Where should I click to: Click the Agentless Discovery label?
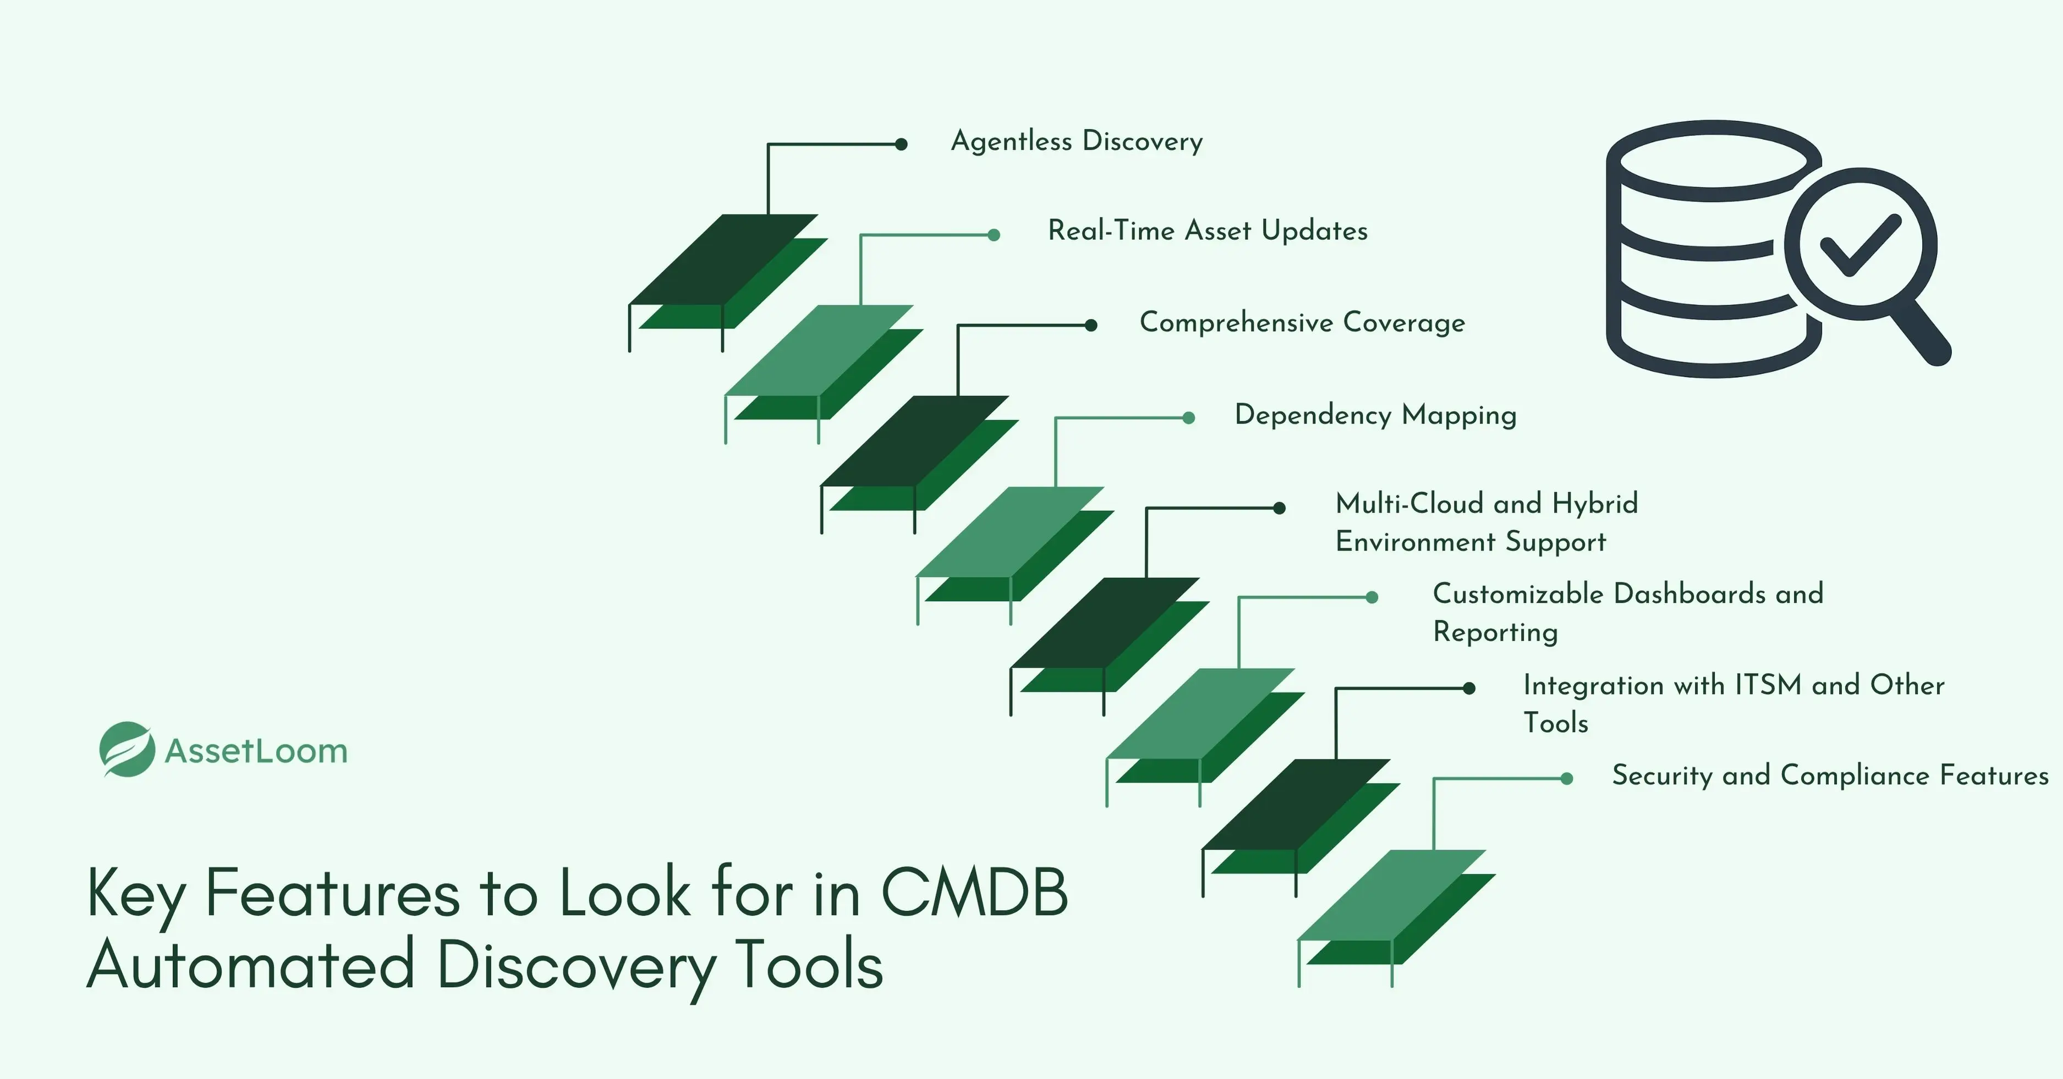tap(1077, 142)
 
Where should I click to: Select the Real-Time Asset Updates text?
tap(1208, 232)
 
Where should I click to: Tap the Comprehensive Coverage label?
tap(1302, 323)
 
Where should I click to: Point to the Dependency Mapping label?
tap(1375, 415)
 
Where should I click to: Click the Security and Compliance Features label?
tap(1830, 775)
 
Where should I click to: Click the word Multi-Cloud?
tap(1409, 504)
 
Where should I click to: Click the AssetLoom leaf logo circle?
tap(127, 749)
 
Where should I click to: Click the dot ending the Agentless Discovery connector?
tap(901, 144)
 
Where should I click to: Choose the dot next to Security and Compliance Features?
tap(1566, 778)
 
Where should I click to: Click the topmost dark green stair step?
tap(723, 260)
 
